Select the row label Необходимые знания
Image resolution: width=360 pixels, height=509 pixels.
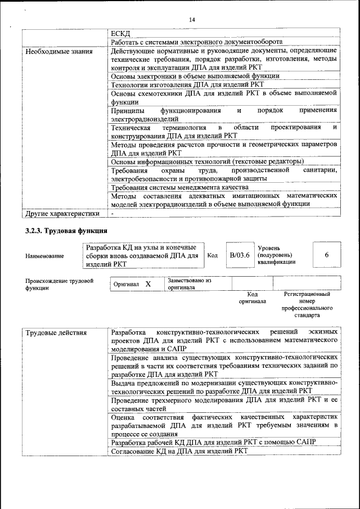[51, 52]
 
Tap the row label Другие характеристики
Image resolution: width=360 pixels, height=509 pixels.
[55, 214]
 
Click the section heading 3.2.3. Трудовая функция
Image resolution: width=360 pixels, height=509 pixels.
[66, 231]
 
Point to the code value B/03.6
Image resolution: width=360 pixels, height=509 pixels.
[239, 255]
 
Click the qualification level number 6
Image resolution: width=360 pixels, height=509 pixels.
[327, 255]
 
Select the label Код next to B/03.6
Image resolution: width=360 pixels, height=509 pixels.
[213, 255]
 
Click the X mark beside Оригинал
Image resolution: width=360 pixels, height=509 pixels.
[148, 285]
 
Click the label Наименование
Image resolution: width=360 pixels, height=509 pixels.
[44, 256]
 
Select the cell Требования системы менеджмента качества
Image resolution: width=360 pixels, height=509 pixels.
[179, 187]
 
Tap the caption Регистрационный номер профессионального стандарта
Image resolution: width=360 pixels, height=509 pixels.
[307, 305]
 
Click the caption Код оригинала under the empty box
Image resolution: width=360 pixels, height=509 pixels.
[252, 298]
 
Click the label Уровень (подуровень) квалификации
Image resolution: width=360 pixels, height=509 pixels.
[277, 254]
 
